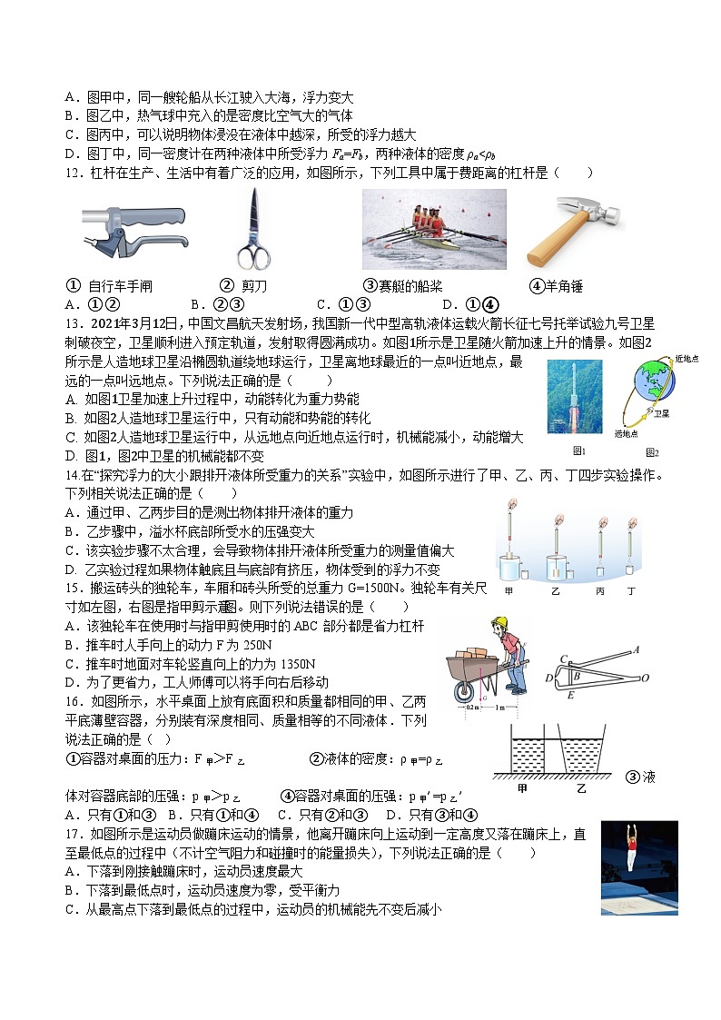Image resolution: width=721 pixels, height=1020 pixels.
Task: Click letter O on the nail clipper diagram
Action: tap(645, 678)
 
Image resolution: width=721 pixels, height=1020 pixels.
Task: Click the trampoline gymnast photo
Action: tap(639, 867)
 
